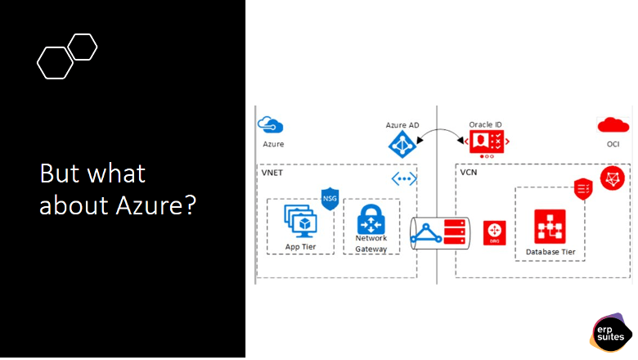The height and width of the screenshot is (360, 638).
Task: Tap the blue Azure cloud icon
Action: pyautogui.click(x=271, y=125)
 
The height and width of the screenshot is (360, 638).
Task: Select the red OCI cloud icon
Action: pyautogui.click(x=613, y=125)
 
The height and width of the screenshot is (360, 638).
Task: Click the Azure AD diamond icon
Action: pyautogui.click(x=402, y=143)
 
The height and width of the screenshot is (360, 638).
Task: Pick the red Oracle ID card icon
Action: pyautogui.click(x=486, y=142)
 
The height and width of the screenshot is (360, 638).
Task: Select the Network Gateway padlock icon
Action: pyautogui.click(x=371, y=219)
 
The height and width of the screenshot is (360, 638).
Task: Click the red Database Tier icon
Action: pyautogui.click(x=550, y=226)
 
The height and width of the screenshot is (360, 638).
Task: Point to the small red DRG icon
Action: pyautogui.click(x=492, y=232)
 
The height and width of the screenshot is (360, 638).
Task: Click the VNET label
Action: pyautogui.click(x=272, y=173)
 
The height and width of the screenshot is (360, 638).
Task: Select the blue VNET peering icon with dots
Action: pyautogui.click(x=403, y=179)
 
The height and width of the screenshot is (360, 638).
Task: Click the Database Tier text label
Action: pyautogui.click(x=550, y=252)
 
